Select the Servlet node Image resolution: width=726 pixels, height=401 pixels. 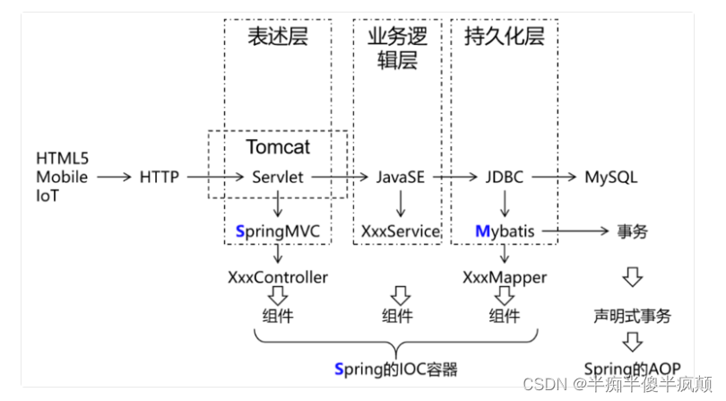coord(278,177)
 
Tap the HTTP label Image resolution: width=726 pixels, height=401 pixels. coord(160,177)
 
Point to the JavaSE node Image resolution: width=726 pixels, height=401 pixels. coord(401,177)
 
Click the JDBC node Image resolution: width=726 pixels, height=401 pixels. coord(505,177)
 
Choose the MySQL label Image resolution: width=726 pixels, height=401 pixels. coord(610,177)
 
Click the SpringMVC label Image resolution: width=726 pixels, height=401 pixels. coord(277,231)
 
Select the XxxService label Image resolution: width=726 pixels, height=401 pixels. coord(401,231)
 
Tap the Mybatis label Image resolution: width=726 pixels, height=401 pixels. coord(504,231)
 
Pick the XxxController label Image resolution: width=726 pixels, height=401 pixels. coord(278,277)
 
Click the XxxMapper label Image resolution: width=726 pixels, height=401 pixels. coord(505,277)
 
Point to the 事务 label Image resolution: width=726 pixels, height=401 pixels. coord(632,231)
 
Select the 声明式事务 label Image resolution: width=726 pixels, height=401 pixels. coord(632,316)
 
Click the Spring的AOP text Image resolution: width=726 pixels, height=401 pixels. coord(632,369)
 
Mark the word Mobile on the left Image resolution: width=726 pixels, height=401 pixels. coord(62,177)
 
